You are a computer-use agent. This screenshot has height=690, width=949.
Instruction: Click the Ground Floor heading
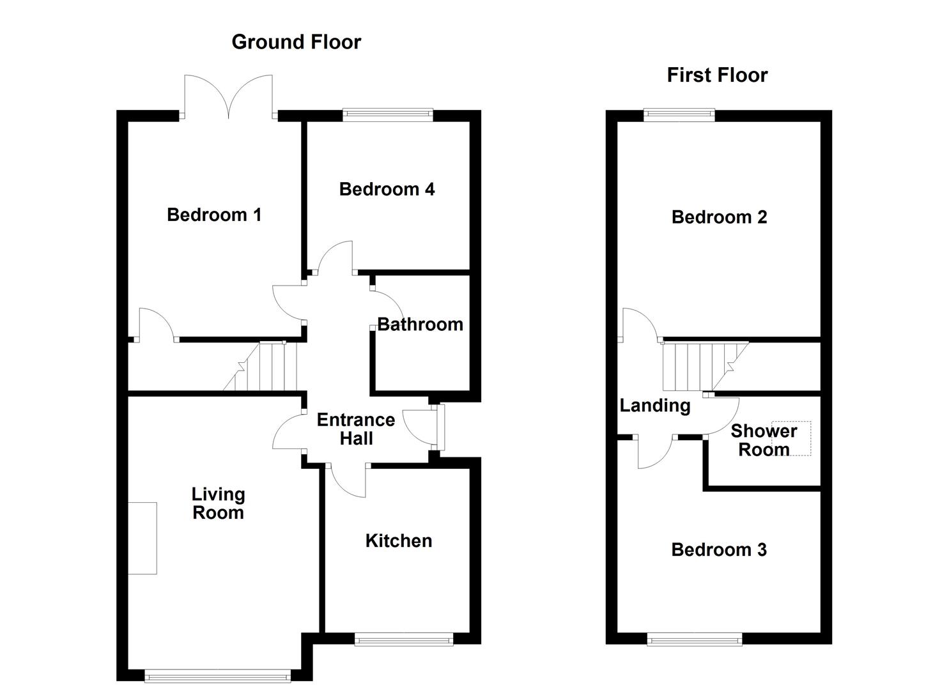pyautogui.click(x=296, y=42)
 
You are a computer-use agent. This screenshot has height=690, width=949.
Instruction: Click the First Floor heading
pyautogui.click(x=716, y=75)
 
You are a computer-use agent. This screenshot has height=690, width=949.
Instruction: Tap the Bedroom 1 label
pyautogui.click(x=214, y=215)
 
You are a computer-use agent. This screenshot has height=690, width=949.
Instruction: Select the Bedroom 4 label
pyautogui.click(x=387, y=189)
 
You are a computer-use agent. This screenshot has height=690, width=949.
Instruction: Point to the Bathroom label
pyautogui.click(x=420, y=325)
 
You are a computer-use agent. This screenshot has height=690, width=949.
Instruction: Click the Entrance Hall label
pyautogui.click(x=356, y=429)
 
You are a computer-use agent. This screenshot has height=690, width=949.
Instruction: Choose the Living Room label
pyautogui.click(x=218, y=503)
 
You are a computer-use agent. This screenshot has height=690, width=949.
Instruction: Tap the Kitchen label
pyautogui.click(x=399, y=541)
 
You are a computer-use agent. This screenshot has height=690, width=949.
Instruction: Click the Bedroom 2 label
pyautogui.click(x=719, y=217)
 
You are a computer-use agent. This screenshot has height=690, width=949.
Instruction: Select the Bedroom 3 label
pyautogui.click(x=719, y=550)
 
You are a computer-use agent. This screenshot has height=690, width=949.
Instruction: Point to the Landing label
pyautogui.click(x=655, y=406)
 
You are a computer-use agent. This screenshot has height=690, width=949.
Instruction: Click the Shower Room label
pyautogui.click(x=763, y=440)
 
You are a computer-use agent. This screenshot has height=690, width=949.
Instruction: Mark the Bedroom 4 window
pyautogui.click(x=388, y=115)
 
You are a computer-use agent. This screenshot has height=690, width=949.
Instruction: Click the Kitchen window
pyautogui.click(x=404, y=639)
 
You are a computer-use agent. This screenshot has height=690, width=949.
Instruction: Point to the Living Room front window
pyautogui.click(x=218, y=676)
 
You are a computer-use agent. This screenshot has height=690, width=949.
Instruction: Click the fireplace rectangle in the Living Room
pyautogui.click(x=143, y=538)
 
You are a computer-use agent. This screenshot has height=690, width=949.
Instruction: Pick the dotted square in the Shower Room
pyautogui.click(x=792, y=438)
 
